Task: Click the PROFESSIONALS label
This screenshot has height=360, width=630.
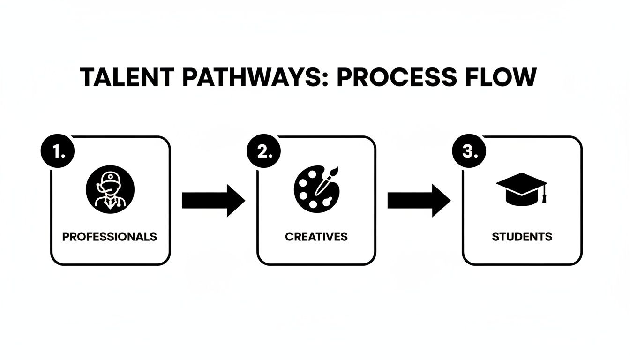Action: coord(110,237)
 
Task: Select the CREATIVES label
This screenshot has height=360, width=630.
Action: coord(316,237)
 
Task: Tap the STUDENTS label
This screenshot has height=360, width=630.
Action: coord(522,237)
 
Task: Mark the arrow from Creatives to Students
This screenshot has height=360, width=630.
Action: coord(419,201)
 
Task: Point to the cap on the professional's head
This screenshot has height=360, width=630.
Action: coord(111,178)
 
